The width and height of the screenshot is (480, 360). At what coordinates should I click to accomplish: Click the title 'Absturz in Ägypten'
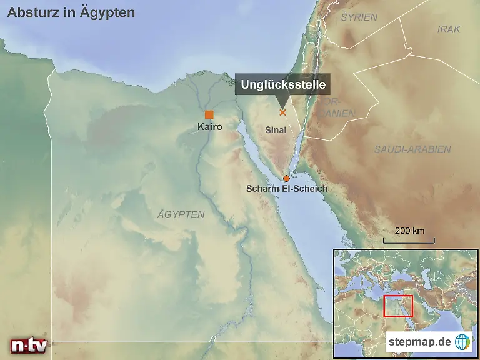71,12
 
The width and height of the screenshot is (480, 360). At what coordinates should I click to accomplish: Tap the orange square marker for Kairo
209,114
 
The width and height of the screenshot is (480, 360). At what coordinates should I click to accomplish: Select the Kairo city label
209,127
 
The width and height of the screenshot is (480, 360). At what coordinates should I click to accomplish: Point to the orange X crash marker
282,112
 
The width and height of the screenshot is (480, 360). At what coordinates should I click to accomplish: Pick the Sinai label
276,130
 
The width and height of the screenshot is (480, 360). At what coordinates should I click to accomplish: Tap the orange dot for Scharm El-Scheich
286,178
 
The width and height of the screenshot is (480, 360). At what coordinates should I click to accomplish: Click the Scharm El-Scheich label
287,188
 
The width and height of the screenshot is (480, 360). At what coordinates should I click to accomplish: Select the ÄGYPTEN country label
181,214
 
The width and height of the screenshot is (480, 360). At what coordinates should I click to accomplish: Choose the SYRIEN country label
359,17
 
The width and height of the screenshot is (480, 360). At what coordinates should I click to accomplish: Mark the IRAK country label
449,29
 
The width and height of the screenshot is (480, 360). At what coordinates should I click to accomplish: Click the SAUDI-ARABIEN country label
412,149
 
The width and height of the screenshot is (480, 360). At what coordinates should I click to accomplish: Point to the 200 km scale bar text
410,231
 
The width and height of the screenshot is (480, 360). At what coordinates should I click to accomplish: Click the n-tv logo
28,346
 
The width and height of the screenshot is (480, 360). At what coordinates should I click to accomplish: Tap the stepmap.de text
419,342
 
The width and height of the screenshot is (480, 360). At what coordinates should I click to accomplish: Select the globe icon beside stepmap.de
462,342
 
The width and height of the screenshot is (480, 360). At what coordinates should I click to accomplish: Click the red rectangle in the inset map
398,306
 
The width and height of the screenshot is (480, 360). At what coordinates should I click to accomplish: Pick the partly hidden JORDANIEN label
341,107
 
